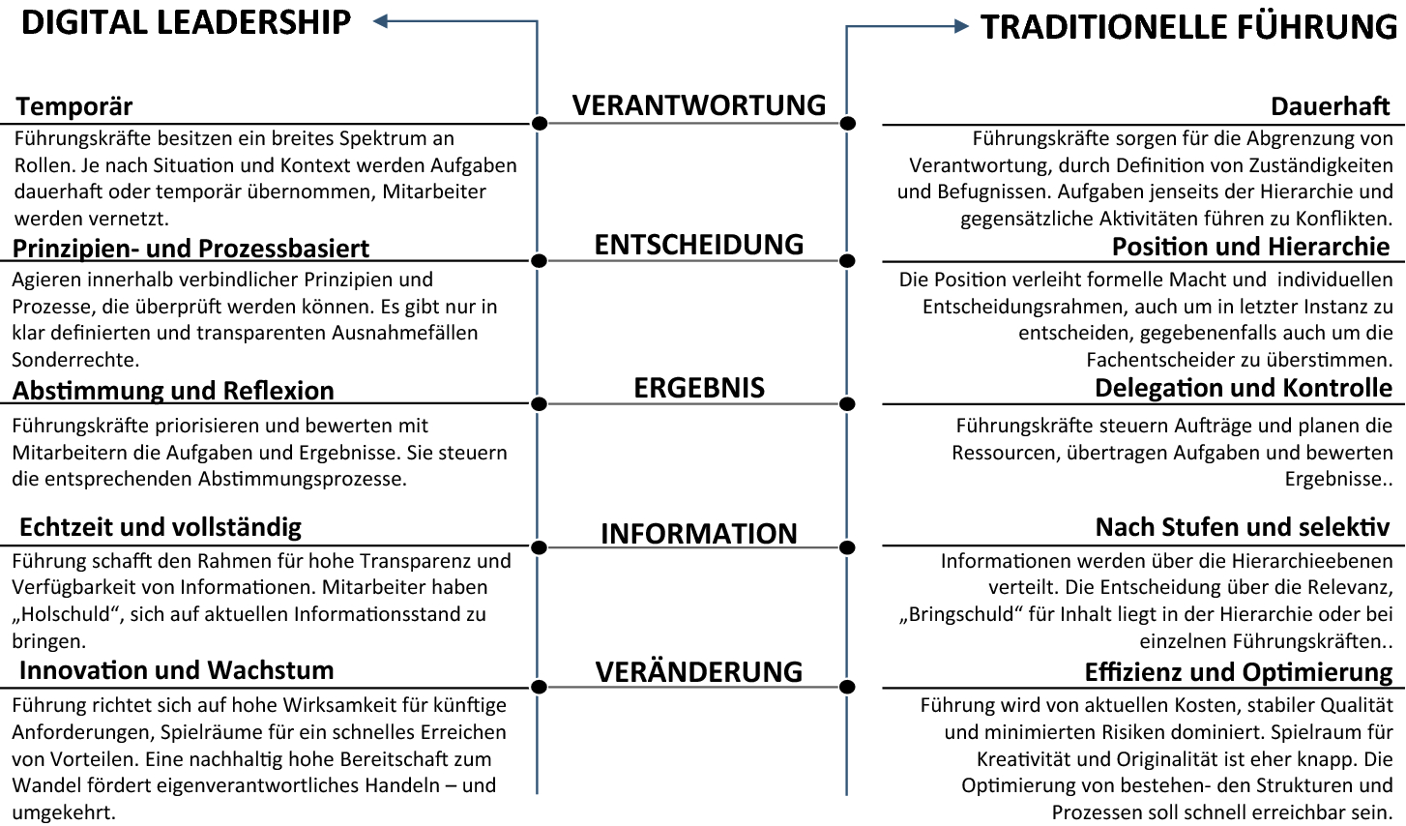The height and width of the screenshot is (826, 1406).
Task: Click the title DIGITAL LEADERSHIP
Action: (x=186, y=22)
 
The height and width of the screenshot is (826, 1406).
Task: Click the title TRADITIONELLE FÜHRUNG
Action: (x=1188, y=27)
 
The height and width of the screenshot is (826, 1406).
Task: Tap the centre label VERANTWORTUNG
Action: (x=699, y=104)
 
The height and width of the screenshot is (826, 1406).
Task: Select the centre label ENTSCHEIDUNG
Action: (x=699, y=245)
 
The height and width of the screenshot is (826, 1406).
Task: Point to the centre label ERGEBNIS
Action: (x=699, y=388)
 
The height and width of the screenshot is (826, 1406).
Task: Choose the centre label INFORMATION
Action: (x=699, y=534)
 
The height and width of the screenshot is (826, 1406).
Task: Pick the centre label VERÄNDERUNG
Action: (x=699, y=672)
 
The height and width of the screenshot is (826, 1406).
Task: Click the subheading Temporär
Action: (x=74, y=106)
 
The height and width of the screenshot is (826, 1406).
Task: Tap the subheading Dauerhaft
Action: (x=1331, y=106)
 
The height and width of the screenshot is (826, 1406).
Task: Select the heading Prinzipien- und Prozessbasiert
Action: (x=190, y=249)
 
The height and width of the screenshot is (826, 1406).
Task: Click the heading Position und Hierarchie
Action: (x=1251, y=247)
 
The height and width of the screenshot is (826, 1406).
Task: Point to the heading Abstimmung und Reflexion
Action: (x=173, y=391)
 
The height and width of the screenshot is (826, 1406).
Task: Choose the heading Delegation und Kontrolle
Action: (x=1244, y=389)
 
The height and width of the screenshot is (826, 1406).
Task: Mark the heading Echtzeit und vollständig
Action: (x=161, y=527)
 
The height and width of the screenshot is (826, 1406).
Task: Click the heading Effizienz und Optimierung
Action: (x=1239, y=672)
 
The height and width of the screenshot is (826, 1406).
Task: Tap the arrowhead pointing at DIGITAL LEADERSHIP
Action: (x=381, y=21)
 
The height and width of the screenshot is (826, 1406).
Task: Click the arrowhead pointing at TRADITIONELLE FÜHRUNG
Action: (x=961, y=27)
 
